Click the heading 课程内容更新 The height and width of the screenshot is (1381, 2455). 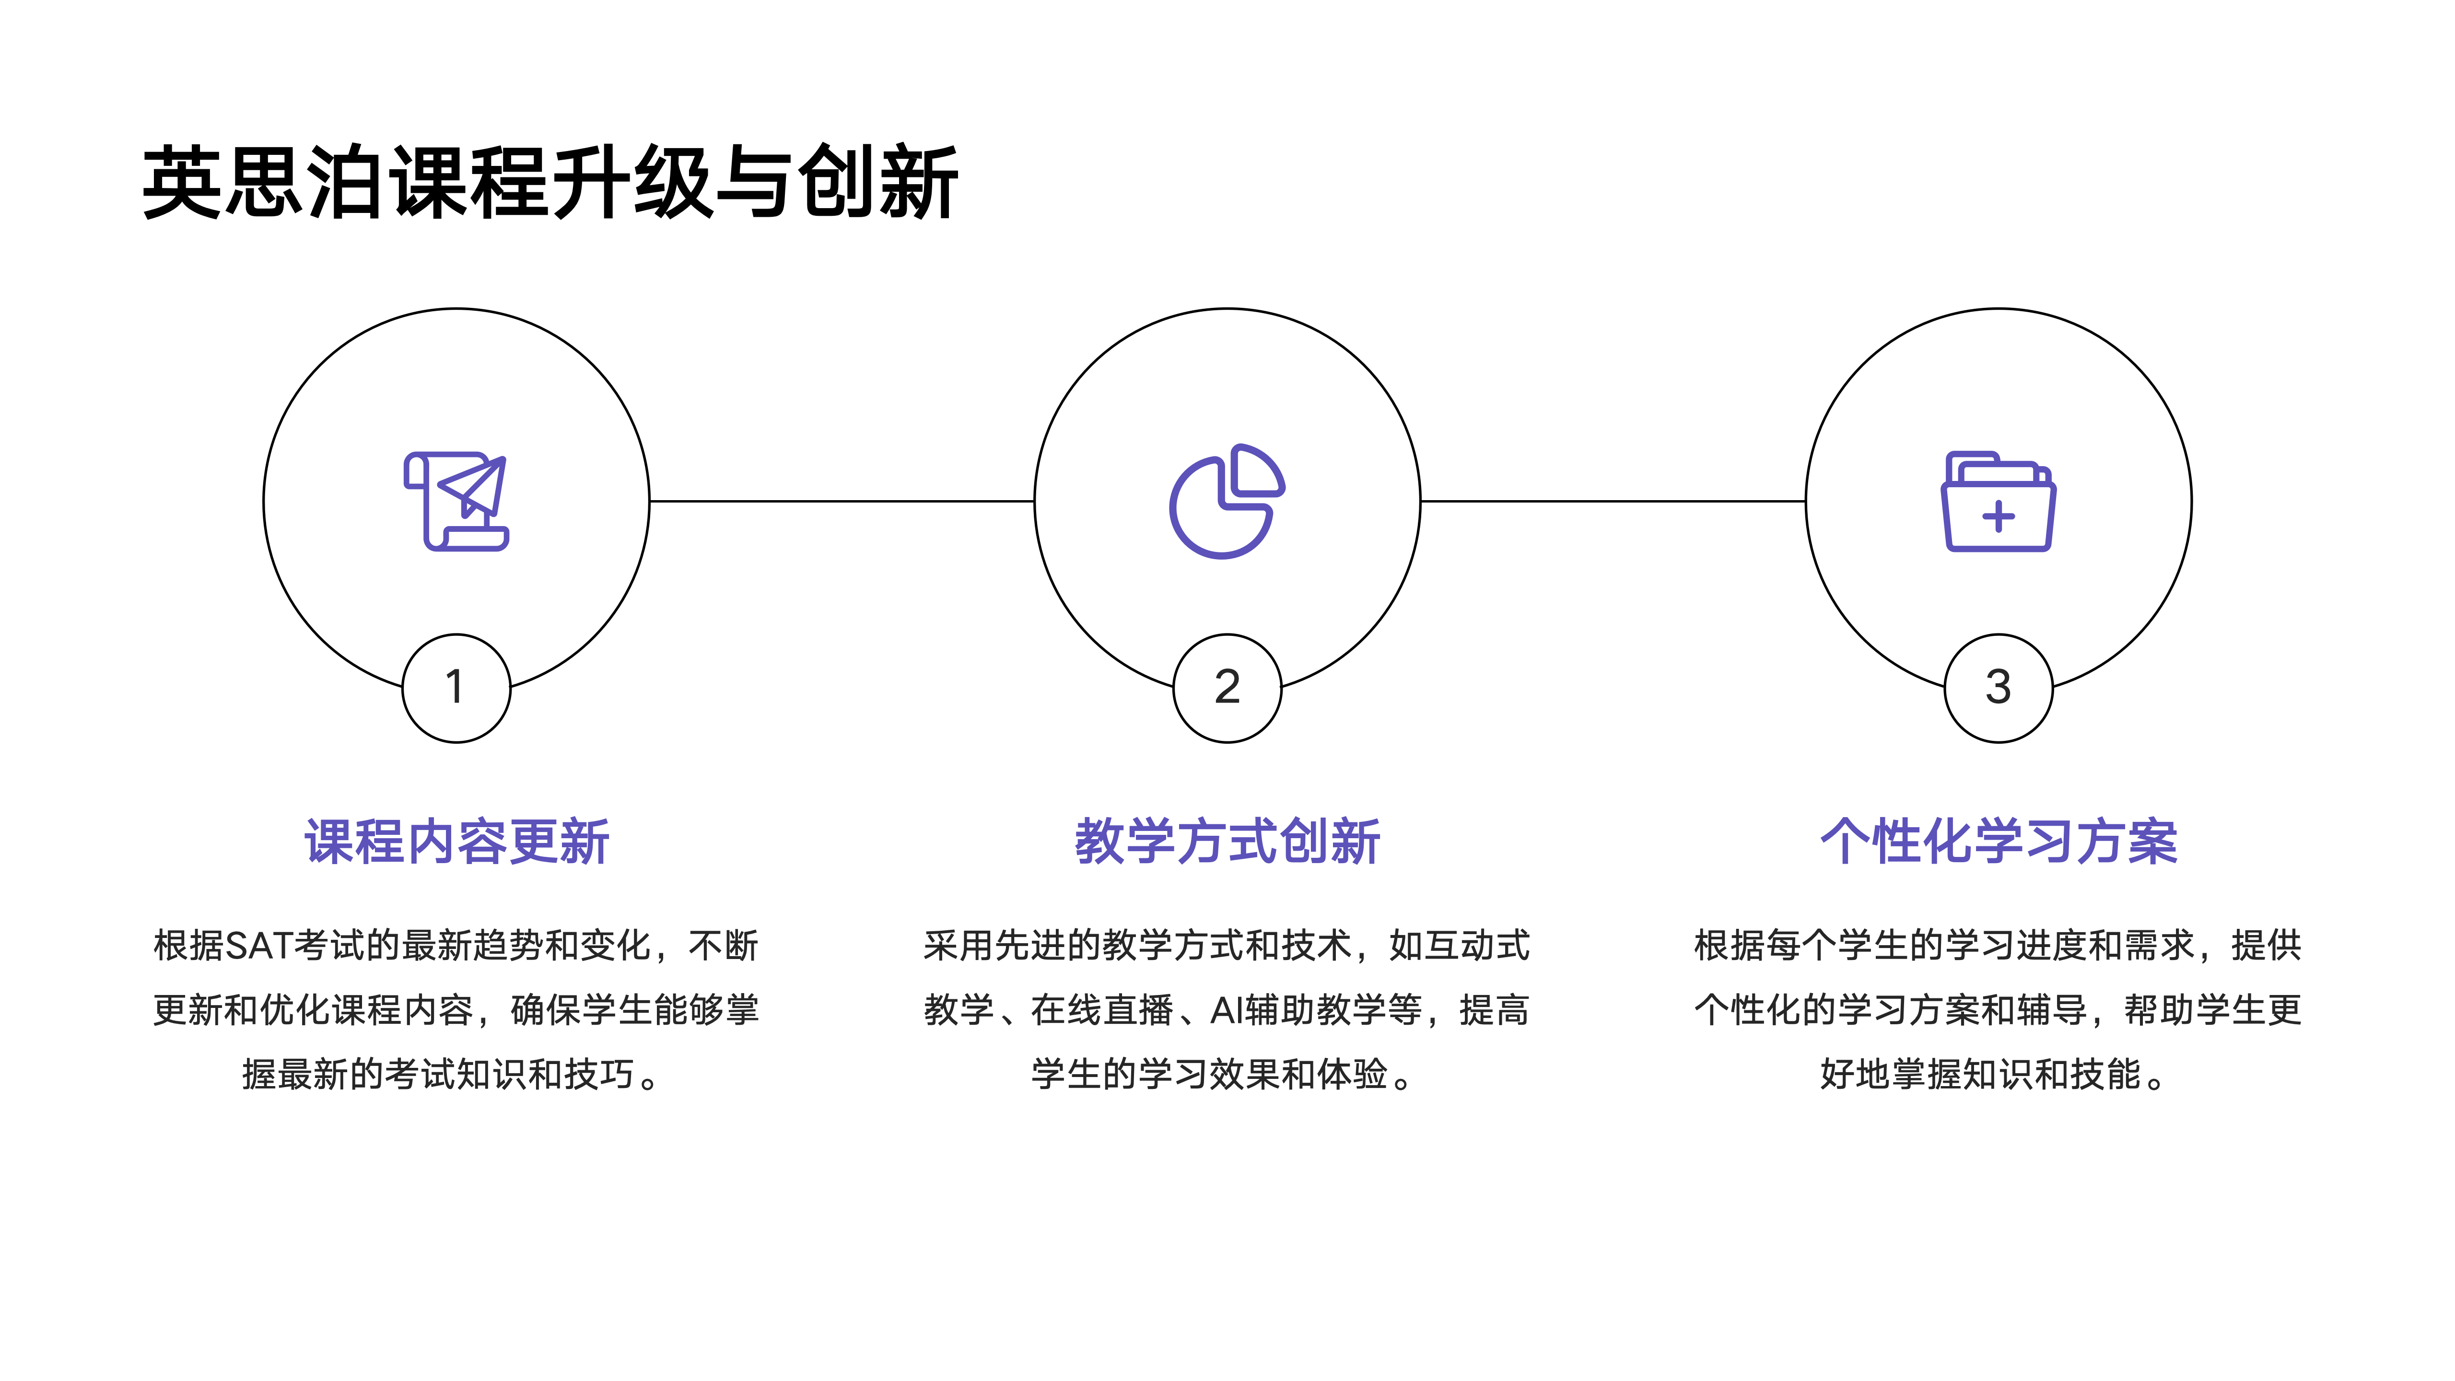(456, 842)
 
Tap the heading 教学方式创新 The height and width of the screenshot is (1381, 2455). (1227, 842)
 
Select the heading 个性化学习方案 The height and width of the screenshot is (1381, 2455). (1999, 842)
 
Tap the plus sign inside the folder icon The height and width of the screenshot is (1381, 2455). (1999, 516)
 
